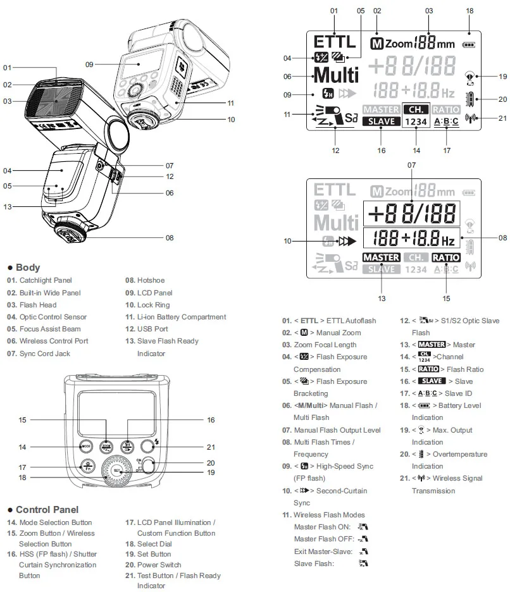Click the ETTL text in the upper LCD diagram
[334, 42]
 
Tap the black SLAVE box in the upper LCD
[381, 121]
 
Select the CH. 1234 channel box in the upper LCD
[416, 115]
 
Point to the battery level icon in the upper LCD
[469, 45]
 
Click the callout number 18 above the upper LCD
[470, 11]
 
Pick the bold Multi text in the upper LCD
[336, 75]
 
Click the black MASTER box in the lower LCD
[381, 257]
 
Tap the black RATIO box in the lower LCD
[445, 257]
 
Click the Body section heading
[28, 268]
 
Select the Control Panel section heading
[47, 510]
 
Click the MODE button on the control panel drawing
[85, 447]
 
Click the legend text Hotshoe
[151, 280]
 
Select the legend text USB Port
[152, 329]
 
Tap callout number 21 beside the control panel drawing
[210, 447]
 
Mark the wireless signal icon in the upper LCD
[470, 118]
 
